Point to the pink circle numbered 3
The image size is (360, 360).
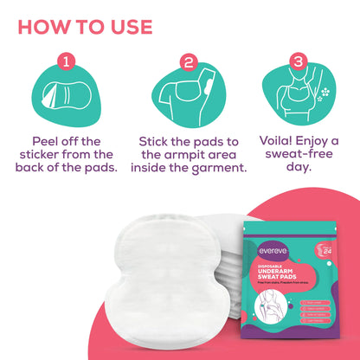297,61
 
